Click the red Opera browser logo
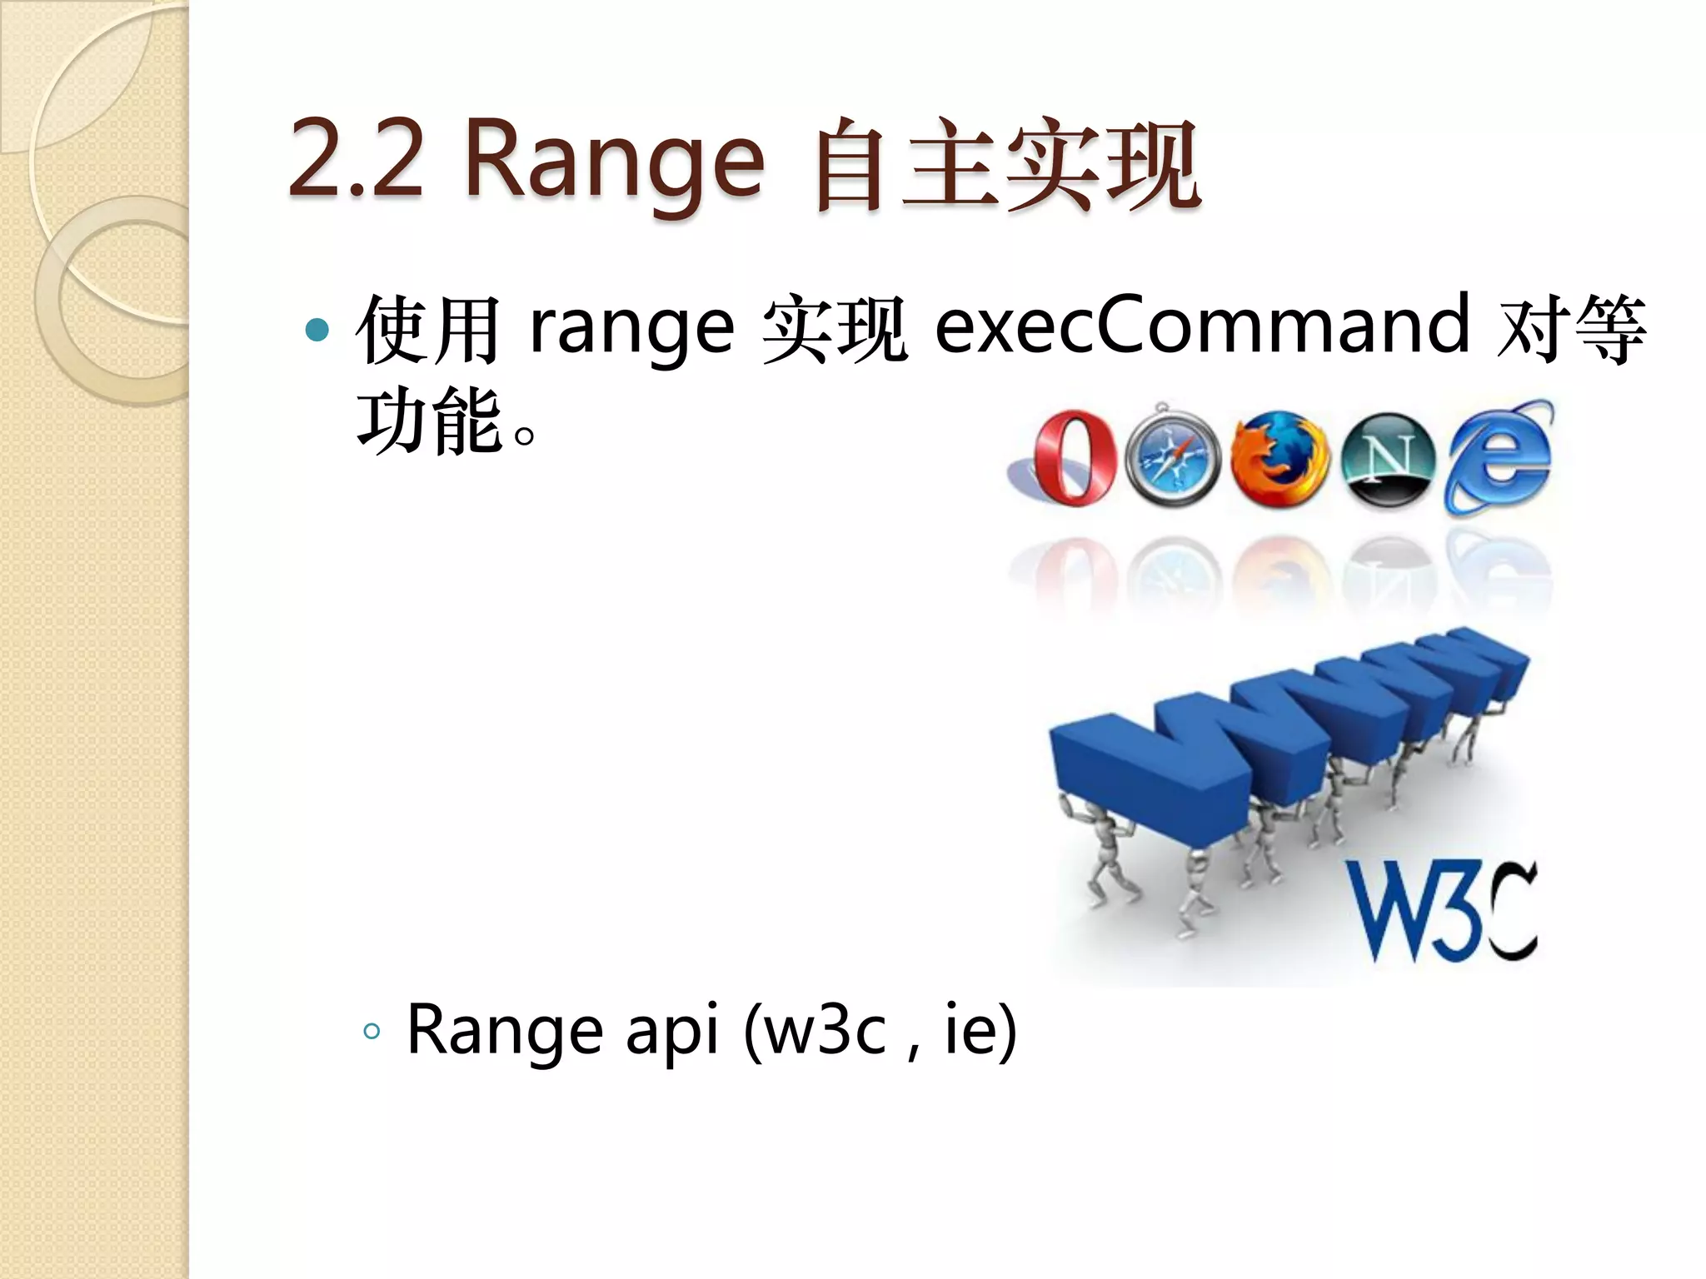(x=1073, y=457)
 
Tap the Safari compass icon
(x=1173, y=457)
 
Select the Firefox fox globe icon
(x=1279, y=459)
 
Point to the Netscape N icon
(x=1389, y=460)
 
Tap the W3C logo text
(x=1441, y=912)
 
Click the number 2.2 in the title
(x=356, y=160)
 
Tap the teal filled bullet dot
(x=317, y=331)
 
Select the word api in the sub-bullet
(x=671, y=1033)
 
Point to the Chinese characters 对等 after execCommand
(x=1570, y=328)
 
